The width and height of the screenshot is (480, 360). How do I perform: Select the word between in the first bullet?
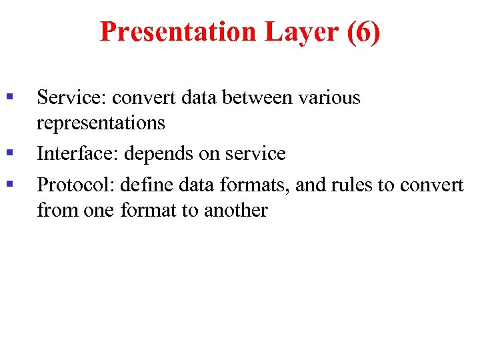click(257, 97)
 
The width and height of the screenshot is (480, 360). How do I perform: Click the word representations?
click(101, 123)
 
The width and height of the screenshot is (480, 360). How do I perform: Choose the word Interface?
click(77, 153)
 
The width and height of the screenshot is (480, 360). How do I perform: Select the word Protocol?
click(76, 183)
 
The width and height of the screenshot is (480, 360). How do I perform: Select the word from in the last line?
click(57, 211)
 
